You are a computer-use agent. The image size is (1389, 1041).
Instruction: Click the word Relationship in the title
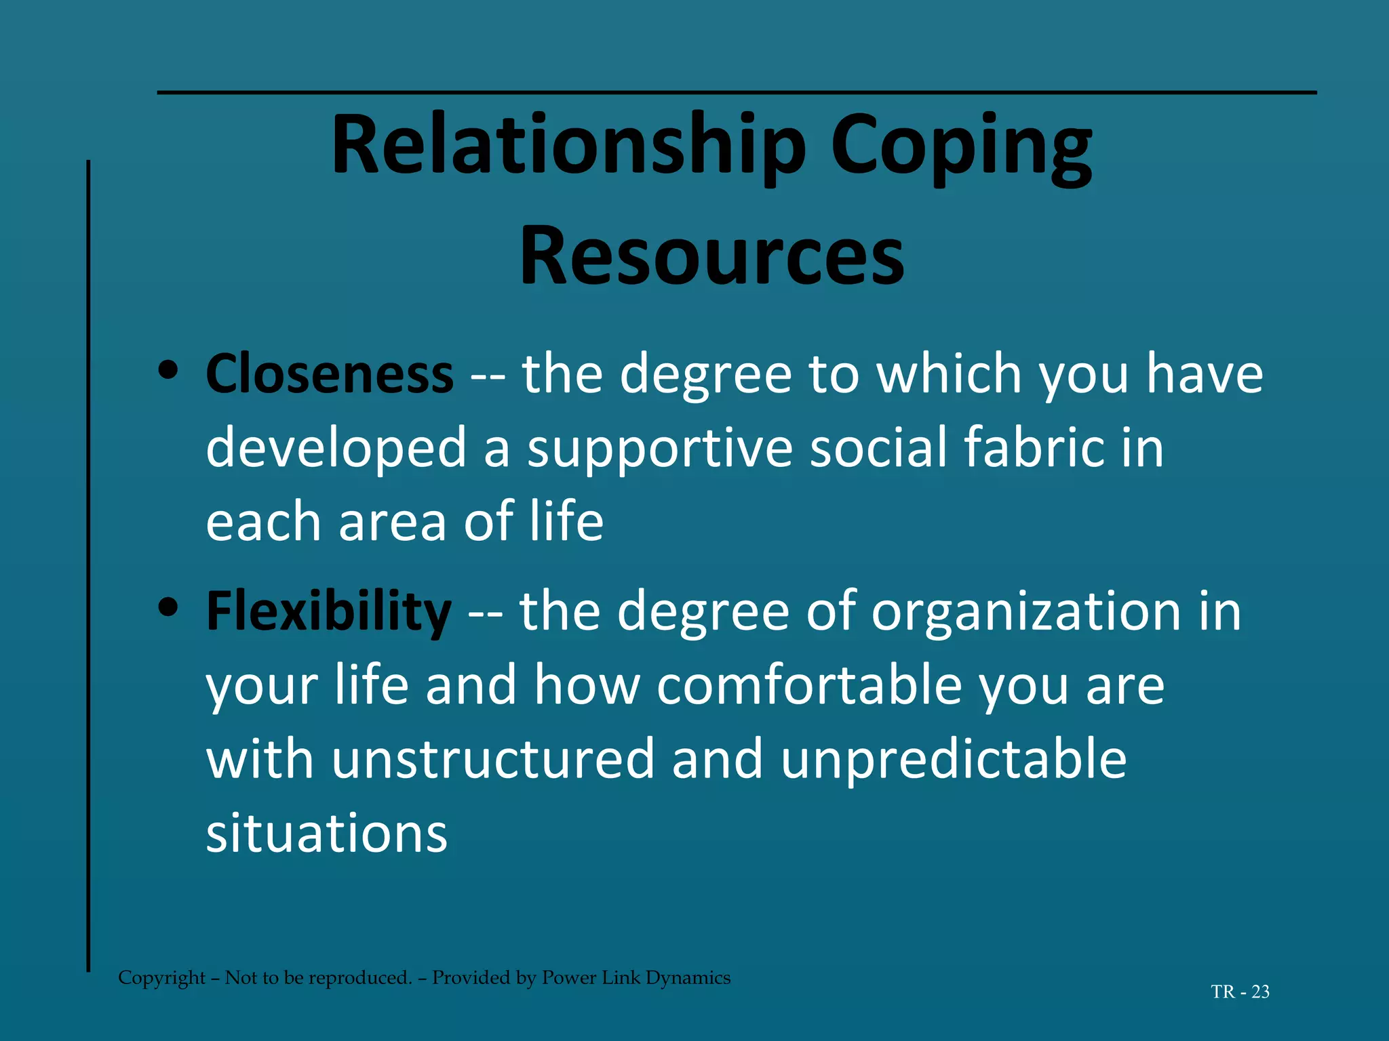point(568,146)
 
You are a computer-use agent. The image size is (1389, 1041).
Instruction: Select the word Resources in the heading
point(711,256)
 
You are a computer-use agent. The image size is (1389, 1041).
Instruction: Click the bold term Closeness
point(330,374)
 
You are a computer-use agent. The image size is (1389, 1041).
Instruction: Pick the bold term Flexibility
point(328,611)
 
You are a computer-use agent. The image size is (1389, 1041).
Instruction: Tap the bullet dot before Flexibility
point(168,607)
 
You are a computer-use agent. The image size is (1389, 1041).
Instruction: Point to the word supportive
point(660,448)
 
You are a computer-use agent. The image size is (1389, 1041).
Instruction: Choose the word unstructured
point(493,759)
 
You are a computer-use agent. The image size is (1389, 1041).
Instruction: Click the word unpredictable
point(954,759)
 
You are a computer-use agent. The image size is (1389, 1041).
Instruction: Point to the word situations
point(327,833)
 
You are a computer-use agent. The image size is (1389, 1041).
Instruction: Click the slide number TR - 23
point(1240,992)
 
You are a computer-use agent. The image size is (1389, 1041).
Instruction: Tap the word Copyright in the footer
point(161,977)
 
